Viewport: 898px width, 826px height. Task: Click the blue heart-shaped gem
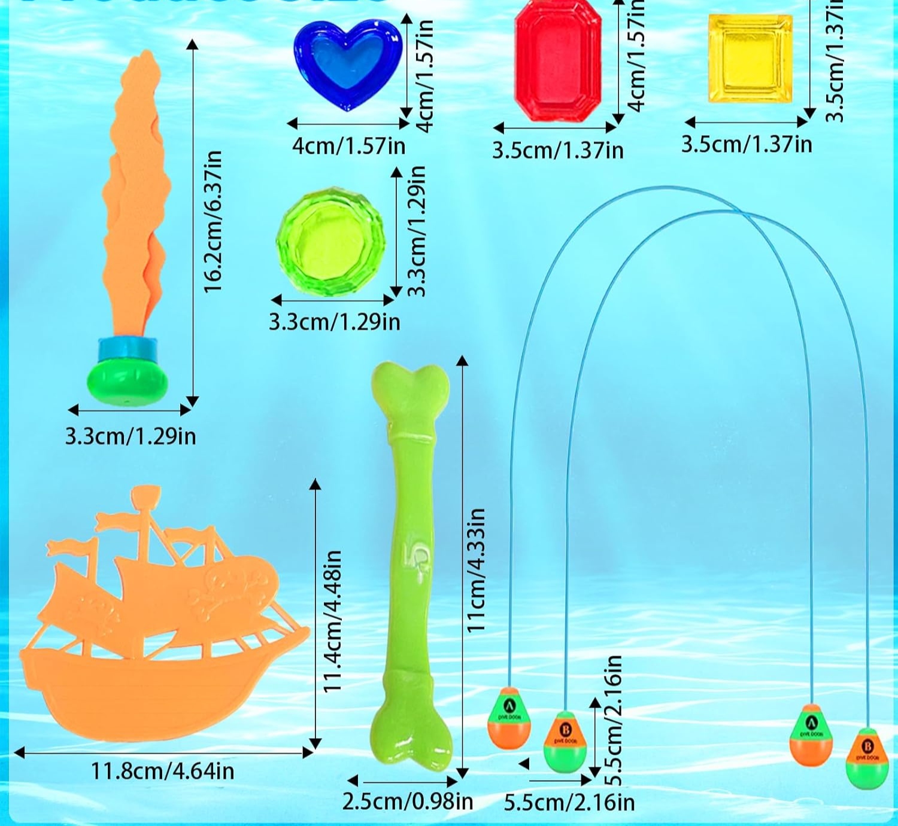click(347, 63)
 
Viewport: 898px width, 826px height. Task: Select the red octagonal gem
click(557, 60)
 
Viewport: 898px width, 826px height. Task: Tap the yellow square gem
click(750, 59)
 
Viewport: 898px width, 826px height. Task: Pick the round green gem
click(330, 242)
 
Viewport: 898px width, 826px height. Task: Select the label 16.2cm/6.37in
click(213, 221)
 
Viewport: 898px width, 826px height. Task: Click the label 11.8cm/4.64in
click(162, 771)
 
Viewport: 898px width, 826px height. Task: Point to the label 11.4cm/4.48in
click(332, 622)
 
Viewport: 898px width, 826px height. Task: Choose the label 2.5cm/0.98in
click(408, 801)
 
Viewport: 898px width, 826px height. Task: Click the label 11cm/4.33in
click(477, 571)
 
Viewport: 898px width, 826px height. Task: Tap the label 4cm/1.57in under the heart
click(348, 146)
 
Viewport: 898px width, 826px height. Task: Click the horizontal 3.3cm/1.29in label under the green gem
click(334, 322)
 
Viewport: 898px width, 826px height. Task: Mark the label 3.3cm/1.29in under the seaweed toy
click(131, 436)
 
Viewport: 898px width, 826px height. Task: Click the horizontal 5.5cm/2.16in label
click(569, 802)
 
